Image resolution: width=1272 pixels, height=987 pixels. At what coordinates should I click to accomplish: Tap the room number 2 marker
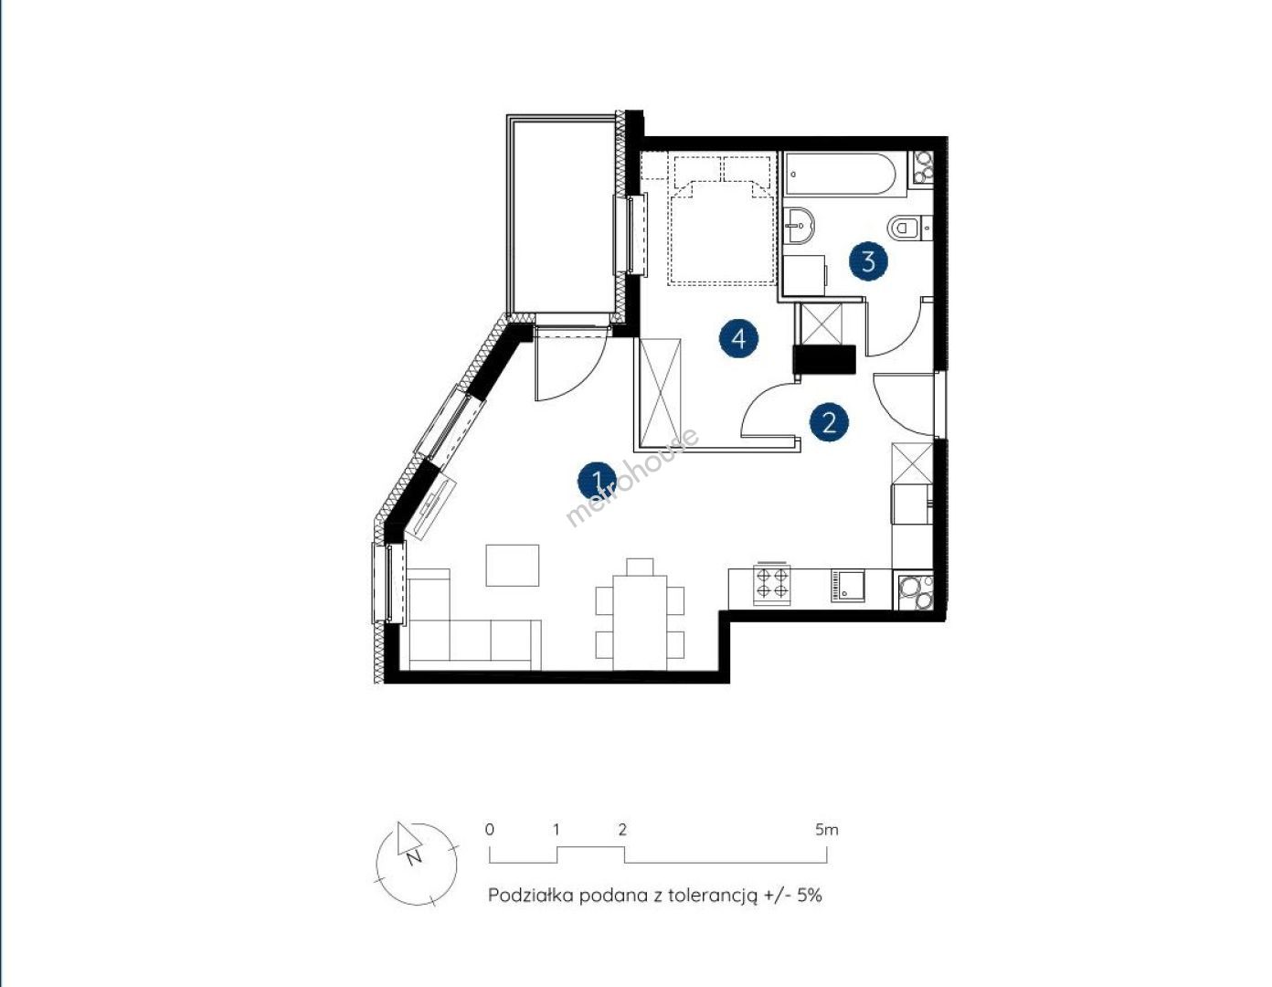[829, 422]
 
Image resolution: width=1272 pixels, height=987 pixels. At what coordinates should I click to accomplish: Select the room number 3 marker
[869, 261]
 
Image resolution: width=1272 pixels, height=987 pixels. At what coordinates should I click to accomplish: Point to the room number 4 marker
[739, 338]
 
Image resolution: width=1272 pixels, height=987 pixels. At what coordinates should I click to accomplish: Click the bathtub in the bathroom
[840, 174]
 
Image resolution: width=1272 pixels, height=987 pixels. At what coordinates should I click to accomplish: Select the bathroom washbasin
[799, 226]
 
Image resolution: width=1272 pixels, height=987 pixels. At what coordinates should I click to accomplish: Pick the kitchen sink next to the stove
[846, 587]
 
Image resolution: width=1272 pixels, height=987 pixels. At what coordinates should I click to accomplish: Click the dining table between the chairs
[640, 623]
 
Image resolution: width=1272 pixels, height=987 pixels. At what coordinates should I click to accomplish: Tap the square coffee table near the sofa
[513, 565]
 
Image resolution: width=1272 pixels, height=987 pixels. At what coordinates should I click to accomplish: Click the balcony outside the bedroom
[564, 216]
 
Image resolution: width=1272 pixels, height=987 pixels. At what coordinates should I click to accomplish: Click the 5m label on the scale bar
[826, 830]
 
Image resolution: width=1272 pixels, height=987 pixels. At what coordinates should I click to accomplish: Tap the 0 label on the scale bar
[490, 830]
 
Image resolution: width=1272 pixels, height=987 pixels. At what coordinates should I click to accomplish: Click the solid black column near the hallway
[824, 359]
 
